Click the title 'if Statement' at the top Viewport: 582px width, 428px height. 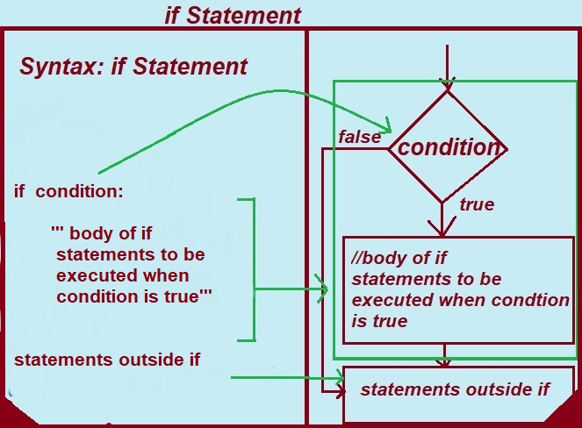point(233,15)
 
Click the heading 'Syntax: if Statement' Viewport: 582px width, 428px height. point(133,67)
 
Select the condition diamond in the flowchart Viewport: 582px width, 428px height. point(448,146)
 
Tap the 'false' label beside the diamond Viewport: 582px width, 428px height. point(359,136)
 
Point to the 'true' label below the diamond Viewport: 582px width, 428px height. point(477,204)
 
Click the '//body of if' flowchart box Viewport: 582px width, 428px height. point(456,289)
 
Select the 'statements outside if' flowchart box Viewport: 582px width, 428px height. point(456,390)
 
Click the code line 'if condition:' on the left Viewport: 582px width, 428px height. point(69,190)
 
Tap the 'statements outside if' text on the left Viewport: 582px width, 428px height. point(107,360)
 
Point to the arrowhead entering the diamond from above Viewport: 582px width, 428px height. point(448,84)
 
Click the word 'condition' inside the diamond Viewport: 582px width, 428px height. point(448,147)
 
